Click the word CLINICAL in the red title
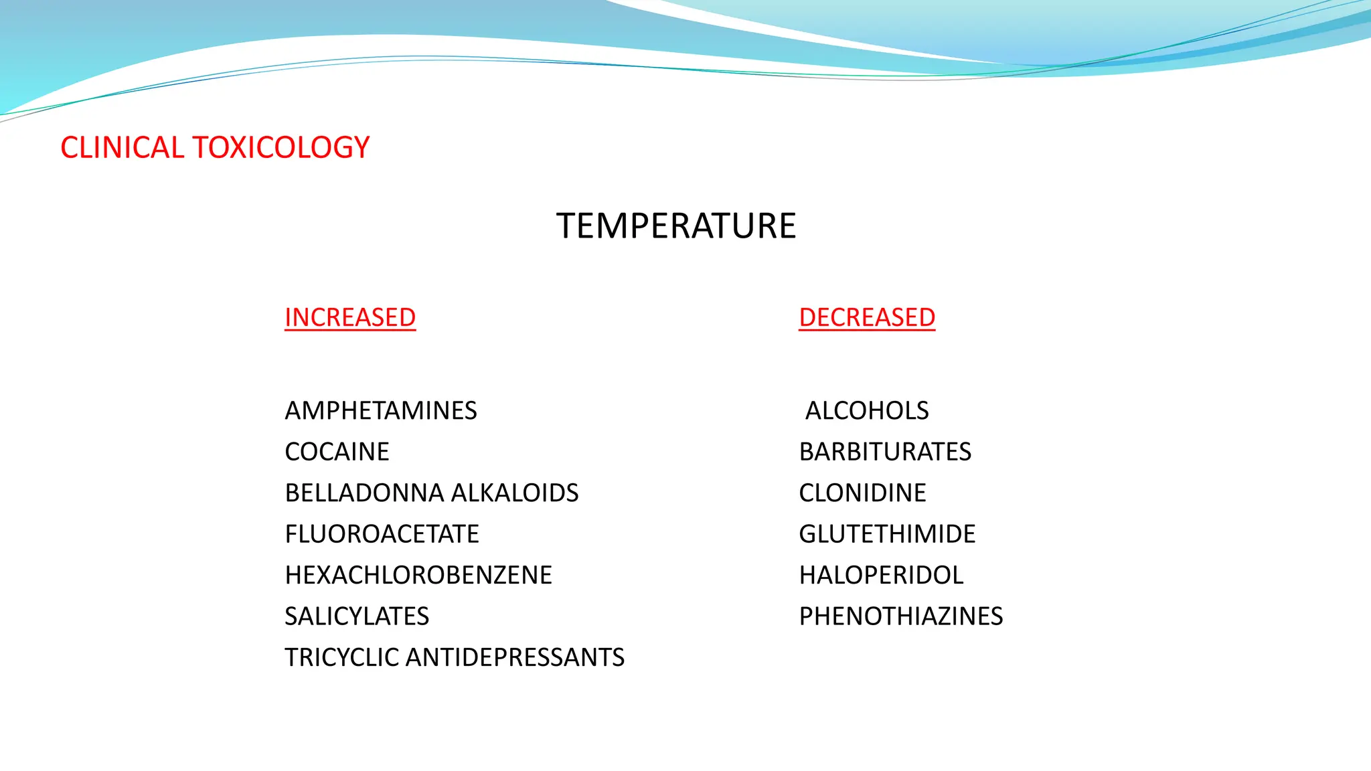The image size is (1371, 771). pos(121,148)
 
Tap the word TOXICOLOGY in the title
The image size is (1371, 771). pos(281,148)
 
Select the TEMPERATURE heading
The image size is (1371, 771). pos(676,226)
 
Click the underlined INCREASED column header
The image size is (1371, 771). pos(350,317)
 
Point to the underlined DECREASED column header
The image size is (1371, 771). pos(867,317)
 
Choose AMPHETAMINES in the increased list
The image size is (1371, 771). pos(381,411)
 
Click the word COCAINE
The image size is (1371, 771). pos(337,452)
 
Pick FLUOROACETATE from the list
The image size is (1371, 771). pos(382,534)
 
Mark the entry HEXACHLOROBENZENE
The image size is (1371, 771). pos(418,576)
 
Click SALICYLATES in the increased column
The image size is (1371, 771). pos(357,616)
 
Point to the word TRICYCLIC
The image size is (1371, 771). pos(342,658)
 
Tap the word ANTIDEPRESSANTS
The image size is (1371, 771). pos(515,658)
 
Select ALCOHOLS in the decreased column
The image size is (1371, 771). pos(867,411)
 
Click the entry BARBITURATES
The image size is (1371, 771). pos(885,452)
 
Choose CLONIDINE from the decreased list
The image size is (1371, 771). pos(862,493)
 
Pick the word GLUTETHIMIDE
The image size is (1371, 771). pos(887,534)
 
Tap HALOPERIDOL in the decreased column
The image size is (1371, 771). pos(881,576)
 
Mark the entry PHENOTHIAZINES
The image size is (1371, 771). pos(901,616)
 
